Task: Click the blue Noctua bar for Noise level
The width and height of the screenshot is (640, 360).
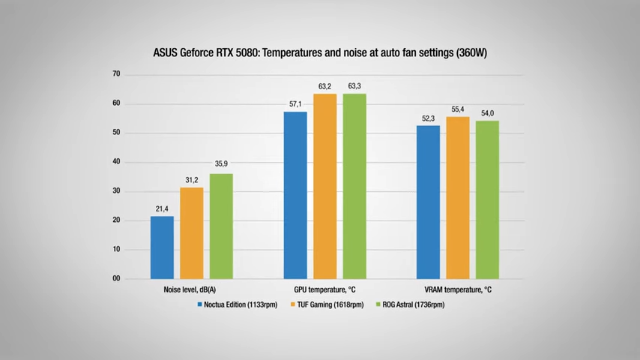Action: (x=162, y=247)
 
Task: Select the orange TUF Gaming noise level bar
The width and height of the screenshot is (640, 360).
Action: (x=191, y=233)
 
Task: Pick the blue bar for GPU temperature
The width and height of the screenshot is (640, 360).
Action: (x=295, y=195)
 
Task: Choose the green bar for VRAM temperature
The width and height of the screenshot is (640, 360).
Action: (x=487, y=199)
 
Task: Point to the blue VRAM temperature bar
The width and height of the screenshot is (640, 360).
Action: (x=428, y=202)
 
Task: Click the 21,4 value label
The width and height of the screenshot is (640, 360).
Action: (x=162, y=208)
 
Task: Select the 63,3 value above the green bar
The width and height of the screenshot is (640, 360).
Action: (x=354, y=85)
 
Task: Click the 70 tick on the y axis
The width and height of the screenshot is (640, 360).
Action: (x=116, y=74)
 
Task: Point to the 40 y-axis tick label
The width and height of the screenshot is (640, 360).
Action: (x=116, y=162)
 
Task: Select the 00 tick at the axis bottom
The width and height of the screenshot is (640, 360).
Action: (x=116, y=279)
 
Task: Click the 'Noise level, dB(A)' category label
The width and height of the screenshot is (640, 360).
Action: (x=191, y=289)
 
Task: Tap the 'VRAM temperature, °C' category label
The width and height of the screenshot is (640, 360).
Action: (x=457, y=289)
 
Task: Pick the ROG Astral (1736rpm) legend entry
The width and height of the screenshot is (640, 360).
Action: (x=413, y=305)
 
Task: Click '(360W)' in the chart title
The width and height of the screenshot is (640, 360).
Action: (x=466, y=53)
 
